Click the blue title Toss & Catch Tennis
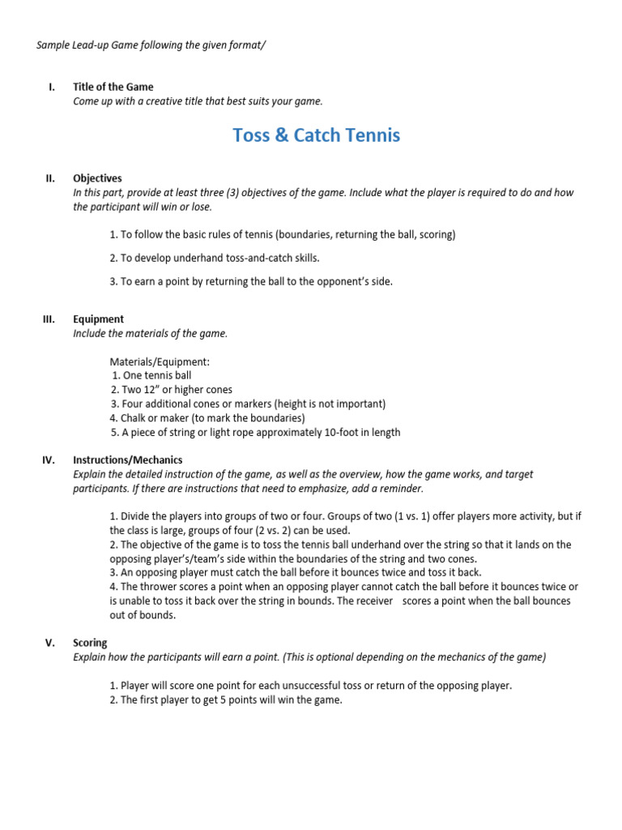pyautogui.click(x=316, y=135)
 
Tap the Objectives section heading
pyautogui.click(x=97, y=178)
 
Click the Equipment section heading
pyautogui.click(x=98, y=319)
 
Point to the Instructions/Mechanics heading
pyautogui.click(x=127, y=460)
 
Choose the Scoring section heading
pyautogui.click(x=89, y=643)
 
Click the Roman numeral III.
pyautogui.click(x=48, y=319)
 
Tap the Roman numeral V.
pyautogui.click(x=50, y=643)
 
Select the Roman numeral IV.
pyautogui.click(x=48, y=460)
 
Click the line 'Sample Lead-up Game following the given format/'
pyautogui.click(x=151, y=45)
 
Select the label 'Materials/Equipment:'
pyautogui.click(x=159, y=362)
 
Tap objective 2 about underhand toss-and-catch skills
pyautogui.click(x=215, y=258)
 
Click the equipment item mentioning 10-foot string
pyautogui.click(x=255, y=432)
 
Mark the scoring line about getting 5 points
pyautogui.click(x=226, y=700)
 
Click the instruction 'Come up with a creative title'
pyautogui.click(x=198, y=101)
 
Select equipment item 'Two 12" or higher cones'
pyautogui.click(x=171, y=390)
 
